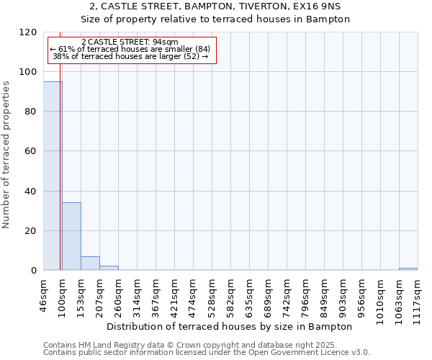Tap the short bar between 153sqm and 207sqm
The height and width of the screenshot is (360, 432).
click(x=90, y=263)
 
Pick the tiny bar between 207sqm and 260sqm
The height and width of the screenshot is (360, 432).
click(x=109, y=268)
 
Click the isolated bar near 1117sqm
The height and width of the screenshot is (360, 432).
click(x=408, y=269)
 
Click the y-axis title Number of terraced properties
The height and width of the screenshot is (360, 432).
click(x=6, y=155)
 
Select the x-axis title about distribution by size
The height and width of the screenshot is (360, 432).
click(x=234, y=326)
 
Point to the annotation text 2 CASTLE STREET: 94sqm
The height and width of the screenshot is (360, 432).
click(x=130, y=42)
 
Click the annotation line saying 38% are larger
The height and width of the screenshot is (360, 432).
click(x=130, y=56)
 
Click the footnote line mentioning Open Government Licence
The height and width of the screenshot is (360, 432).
click(x=207, y=353)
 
